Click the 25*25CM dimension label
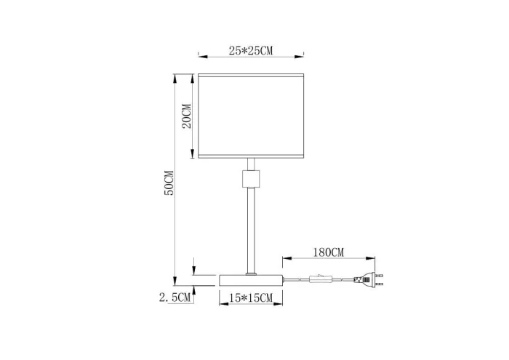pyautogui.click(x=250, y=50)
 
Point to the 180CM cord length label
pyautogui.click(x=326, y=252)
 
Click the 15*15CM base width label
pyautogui.click(x=250, y=298)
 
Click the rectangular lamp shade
pyautogui.click(x=250, y=115)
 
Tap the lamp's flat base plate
pyautogui.click(x=250, y=280)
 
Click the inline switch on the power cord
pyautogui.click(x=321, y=277)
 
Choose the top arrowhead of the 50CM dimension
pyautogui.click(x=175, y=76)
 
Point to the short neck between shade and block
pyautogui.click(x=250, y=164)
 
